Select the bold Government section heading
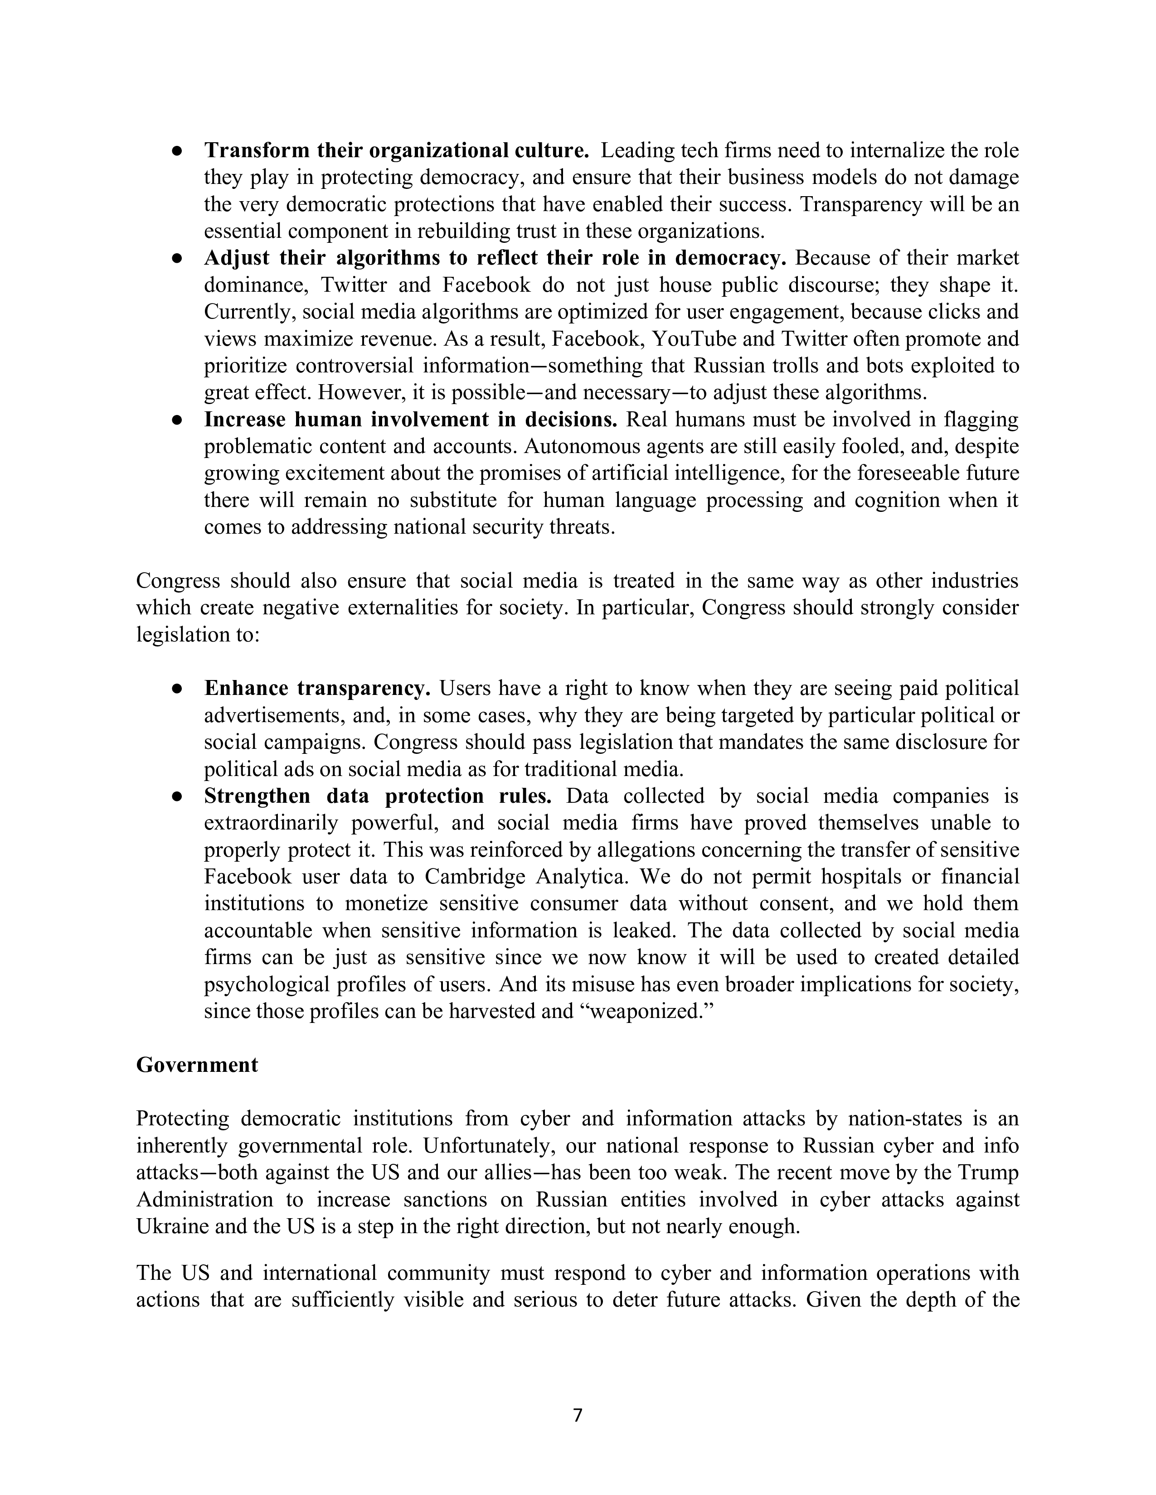[x=197, y=1065]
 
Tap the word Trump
[x=989, y=1172]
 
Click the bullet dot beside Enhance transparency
[x=177, y=689]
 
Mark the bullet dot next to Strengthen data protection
[x=177, y=796]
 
